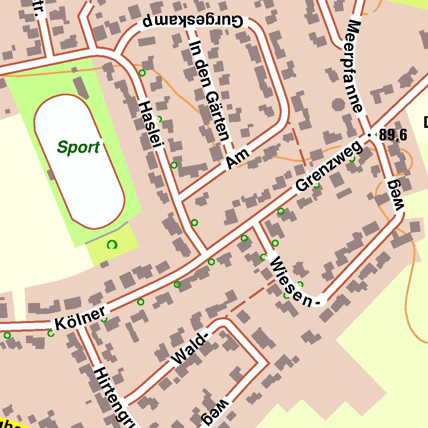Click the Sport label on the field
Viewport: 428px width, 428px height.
pos(79,147)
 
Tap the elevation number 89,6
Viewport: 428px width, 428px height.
pos(393,135)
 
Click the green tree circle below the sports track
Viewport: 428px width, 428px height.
pos(112,245)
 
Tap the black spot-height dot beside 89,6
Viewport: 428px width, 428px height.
pos(369,135)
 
